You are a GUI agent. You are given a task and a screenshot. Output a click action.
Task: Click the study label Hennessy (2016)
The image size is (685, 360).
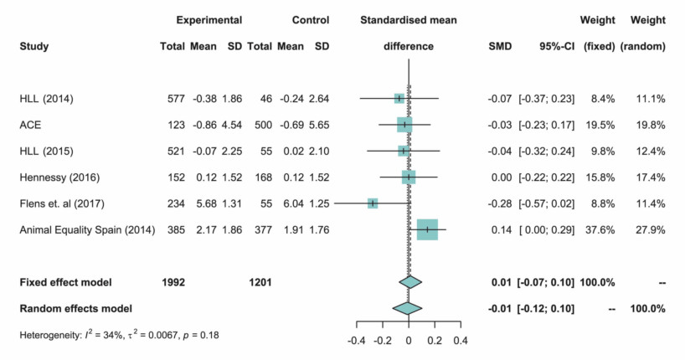coord(56,177)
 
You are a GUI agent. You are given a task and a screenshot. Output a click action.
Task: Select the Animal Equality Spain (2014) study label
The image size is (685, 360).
coord(87,229)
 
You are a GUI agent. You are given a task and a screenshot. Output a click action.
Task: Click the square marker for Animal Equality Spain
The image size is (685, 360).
coord(427,229)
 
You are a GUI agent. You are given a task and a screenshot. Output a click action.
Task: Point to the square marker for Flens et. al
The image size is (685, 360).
coord(372,203)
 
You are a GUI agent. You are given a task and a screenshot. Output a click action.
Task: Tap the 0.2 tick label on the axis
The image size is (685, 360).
coord(435,341)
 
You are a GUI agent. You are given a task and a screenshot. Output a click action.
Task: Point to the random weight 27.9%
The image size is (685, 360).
coord(650,229)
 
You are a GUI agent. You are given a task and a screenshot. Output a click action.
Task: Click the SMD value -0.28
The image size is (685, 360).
coord(499,203)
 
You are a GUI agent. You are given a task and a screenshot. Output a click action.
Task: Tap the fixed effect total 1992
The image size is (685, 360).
coord(178,282)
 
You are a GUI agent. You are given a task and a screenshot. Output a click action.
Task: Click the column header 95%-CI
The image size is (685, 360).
coord(554,46)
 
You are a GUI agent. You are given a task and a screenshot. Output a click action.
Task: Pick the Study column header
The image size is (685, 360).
coord(34,46)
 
